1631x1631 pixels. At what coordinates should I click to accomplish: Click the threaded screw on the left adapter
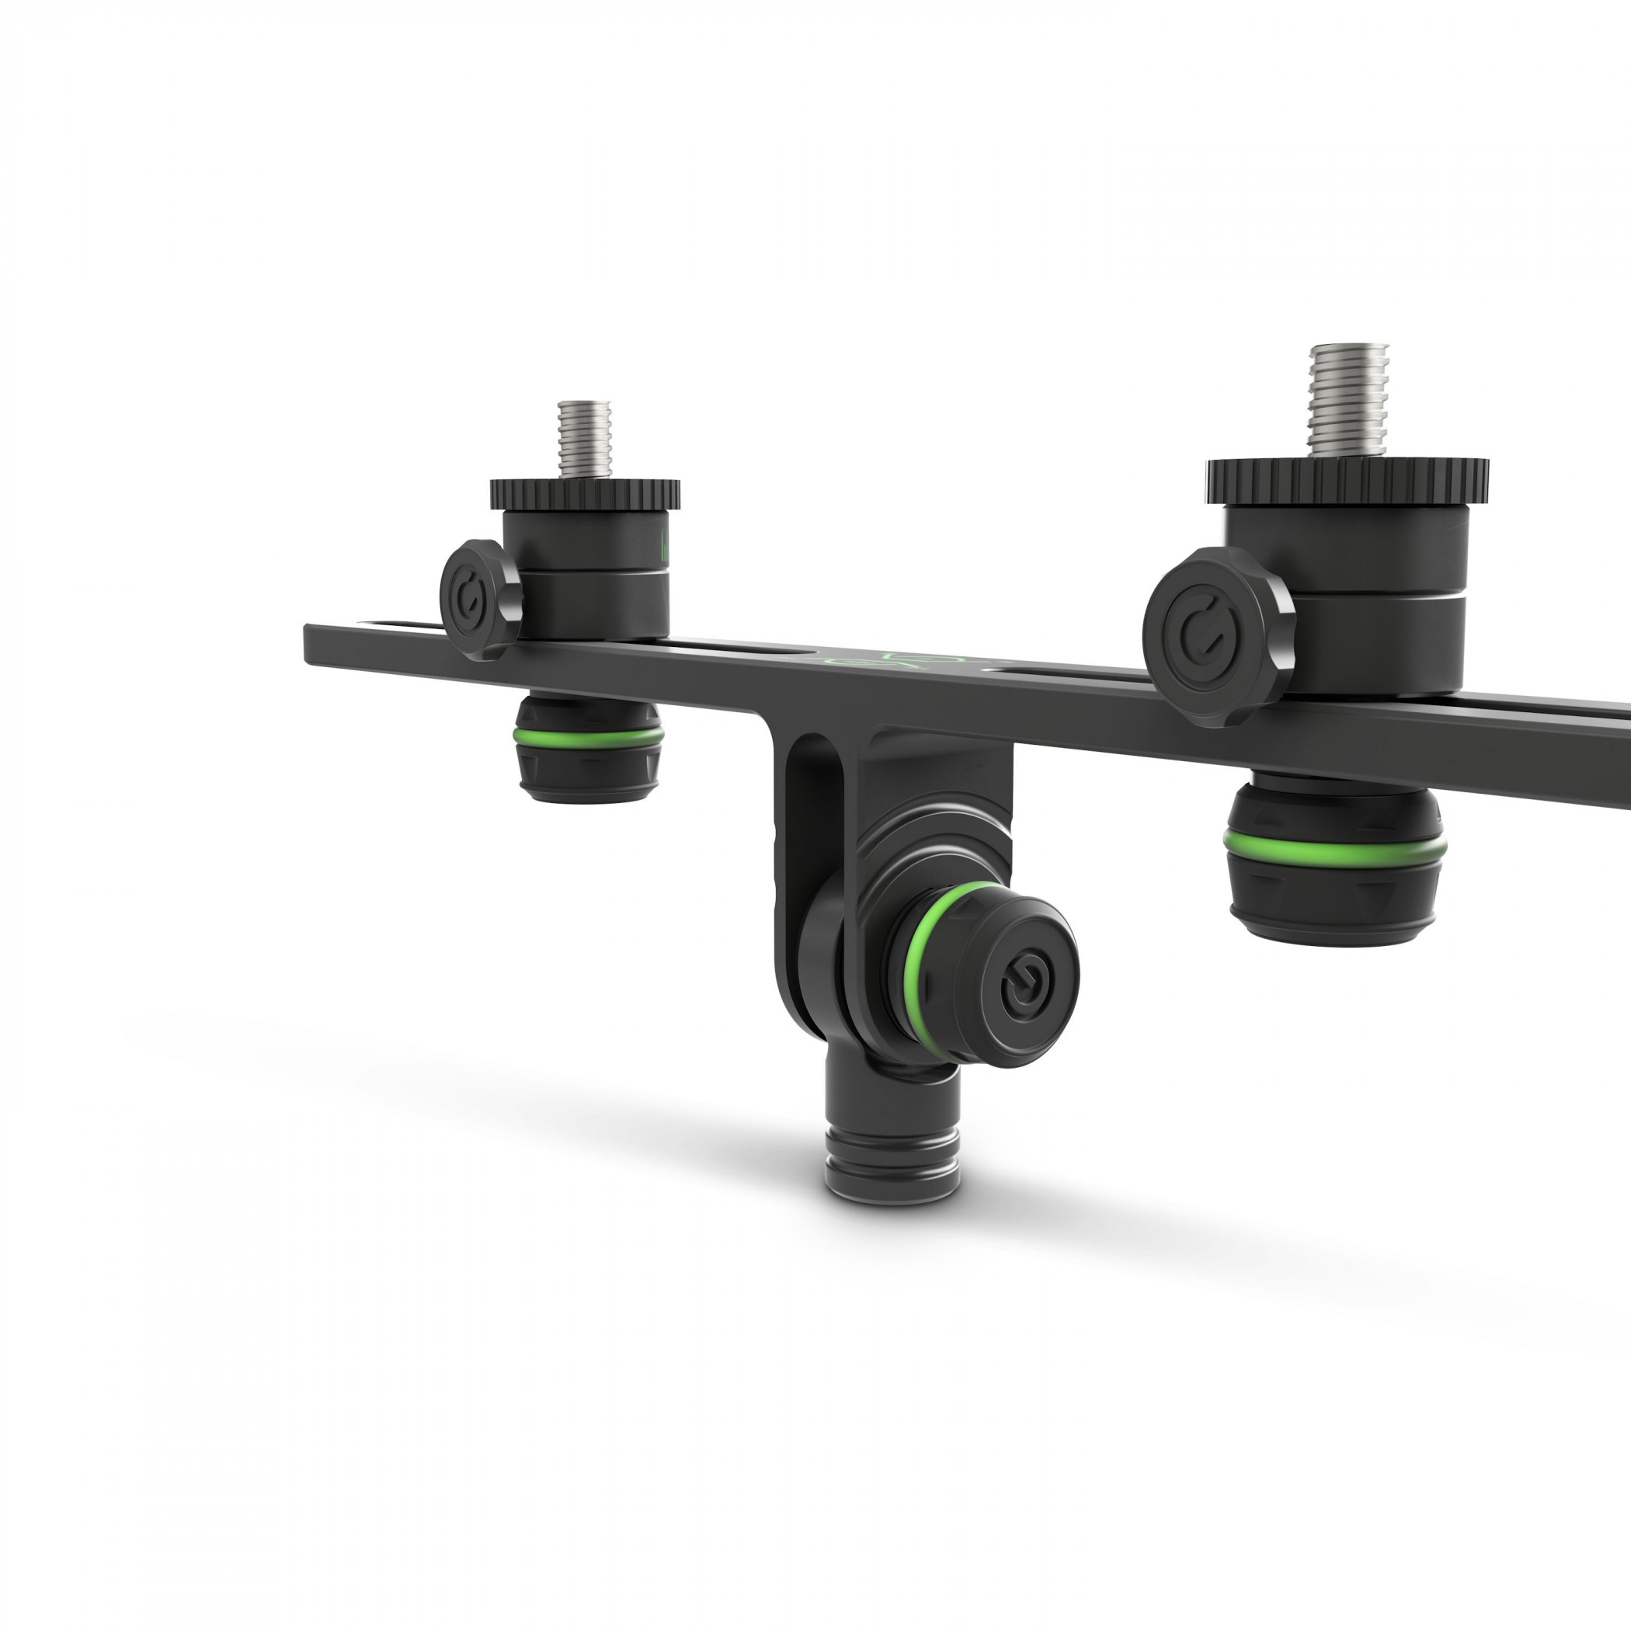pos(584,439)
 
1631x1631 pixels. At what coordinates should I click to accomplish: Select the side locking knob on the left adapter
pos(480,600)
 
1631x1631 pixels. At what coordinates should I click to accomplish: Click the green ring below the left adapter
pos(589,736)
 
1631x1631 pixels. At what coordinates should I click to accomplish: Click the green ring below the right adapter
pos(1334,844)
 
